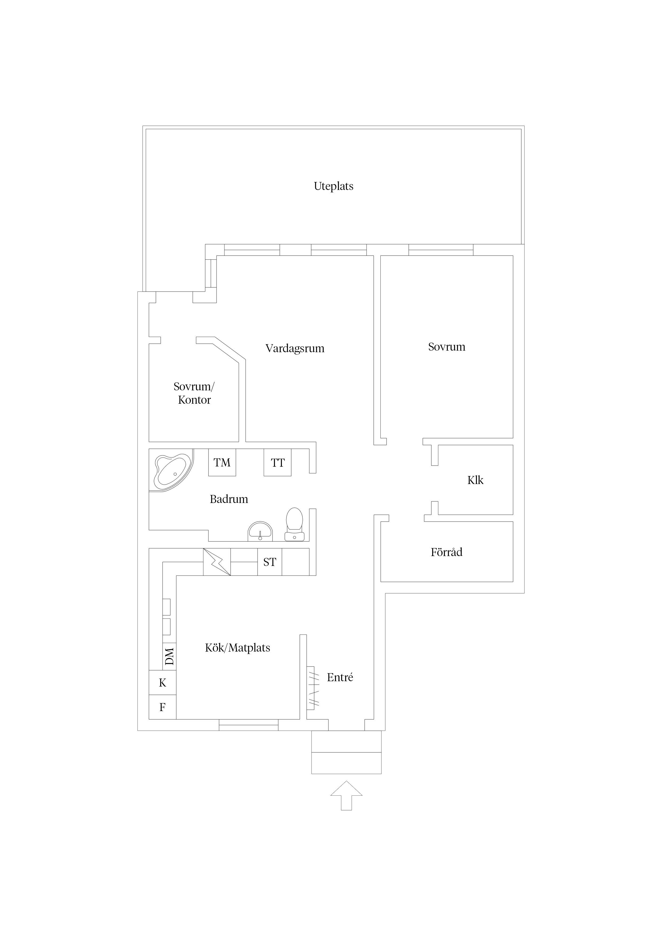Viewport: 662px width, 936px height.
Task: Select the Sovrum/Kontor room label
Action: tap(194, 393)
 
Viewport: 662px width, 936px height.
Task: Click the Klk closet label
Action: tap(475, 480)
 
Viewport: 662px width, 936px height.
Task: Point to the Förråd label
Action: tap(446, 552)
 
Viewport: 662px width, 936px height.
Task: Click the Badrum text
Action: tap(228, 499)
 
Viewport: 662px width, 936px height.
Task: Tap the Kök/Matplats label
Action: tap(237, 648)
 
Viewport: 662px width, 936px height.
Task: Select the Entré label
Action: tap(340, 677)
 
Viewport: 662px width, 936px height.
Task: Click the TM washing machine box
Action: tap(222, 462)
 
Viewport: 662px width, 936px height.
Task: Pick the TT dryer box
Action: tap(277, 463)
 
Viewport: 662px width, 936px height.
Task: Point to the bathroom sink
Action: tap(260, 532)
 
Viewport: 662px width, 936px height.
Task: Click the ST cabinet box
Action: tap(270, 562)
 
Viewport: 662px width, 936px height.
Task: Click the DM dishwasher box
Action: tap(169, 656)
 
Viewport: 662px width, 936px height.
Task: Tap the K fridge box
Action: tap(162, 683)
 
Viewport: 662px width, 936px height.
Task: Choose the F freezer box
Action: tap(162, 707)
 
